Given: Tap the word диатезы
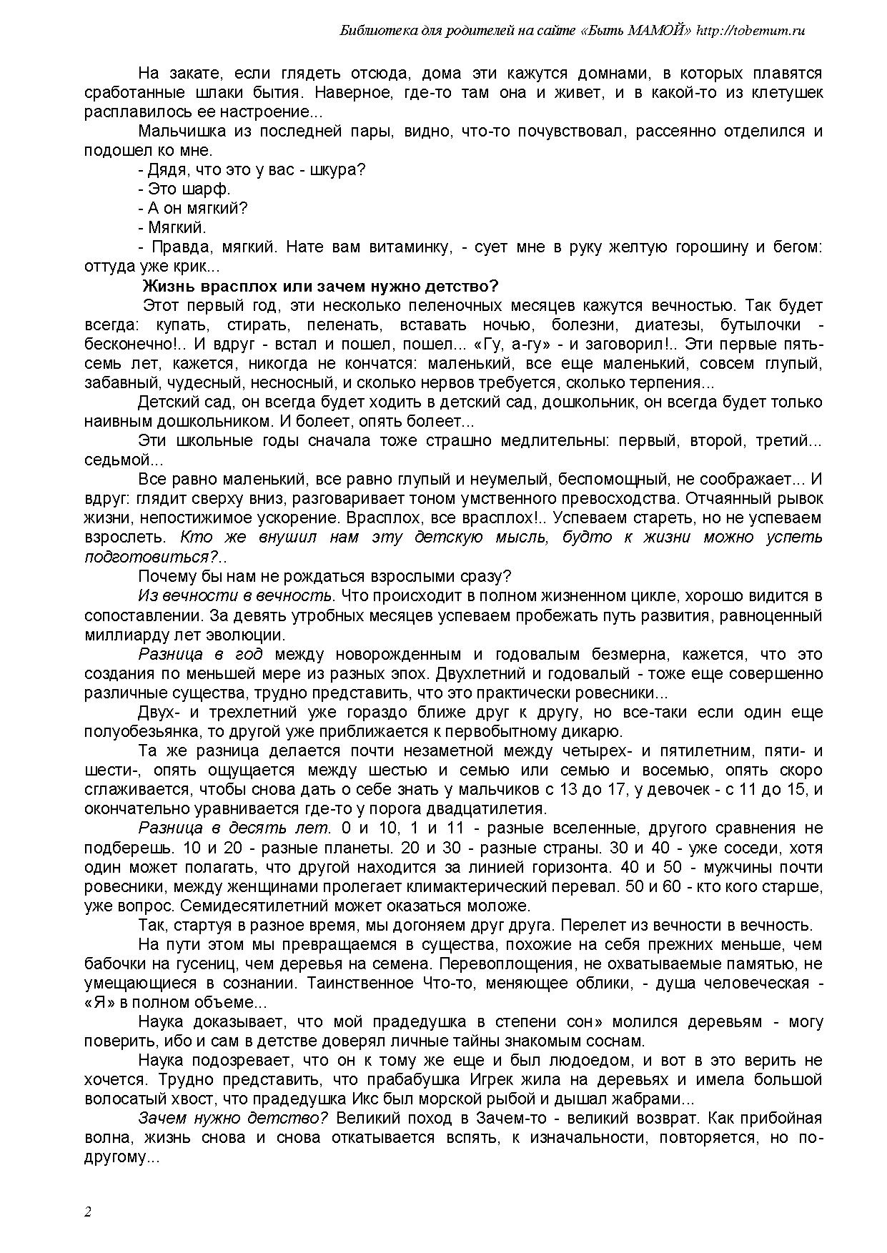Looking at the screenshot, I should tap(662, 325).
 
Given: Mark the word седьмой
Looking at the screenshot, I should tap(113, 460).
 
